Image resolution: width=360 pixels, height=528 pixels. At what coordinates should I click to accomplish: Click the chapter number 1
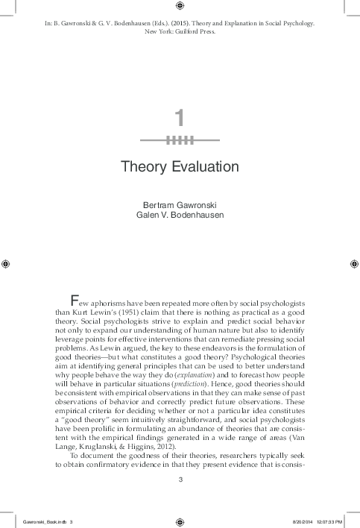[180, 117]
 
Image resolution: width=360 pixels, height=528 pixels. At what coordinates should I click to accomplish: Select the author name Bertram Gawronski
[180, 204]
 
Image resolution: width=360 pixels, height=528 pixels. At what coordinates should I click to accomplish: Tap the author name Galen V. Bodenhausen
[180, 215]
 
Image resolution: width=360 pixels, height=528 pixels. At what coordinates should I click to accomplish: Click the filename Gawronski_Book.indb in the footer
[46, 522]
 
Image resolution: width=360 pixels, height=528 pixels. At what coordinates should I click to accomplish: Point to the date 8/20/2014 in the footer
[284, 522]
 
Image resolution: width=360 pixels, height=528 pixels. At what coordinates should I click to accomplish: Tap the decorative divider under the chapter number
[180, 139]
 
